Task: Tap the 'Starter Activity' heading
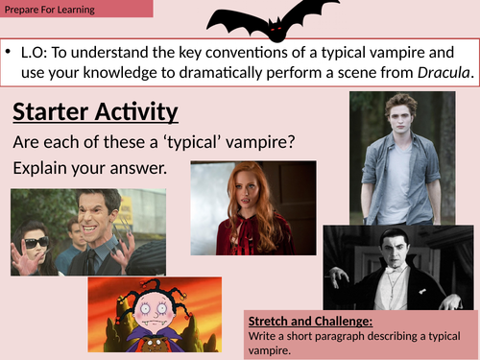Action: [x=95, y=111]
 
